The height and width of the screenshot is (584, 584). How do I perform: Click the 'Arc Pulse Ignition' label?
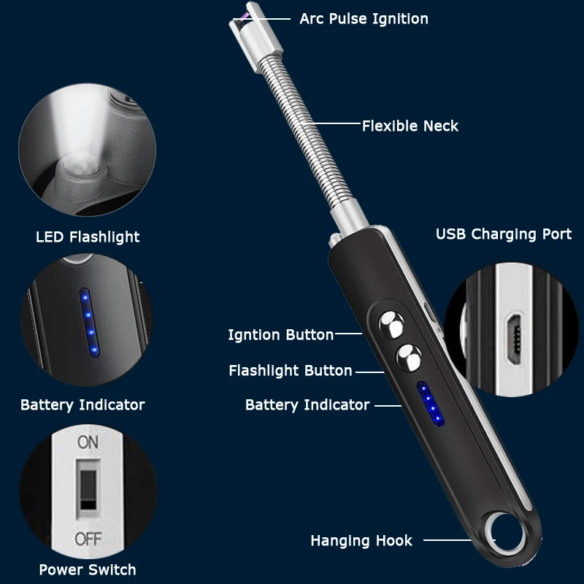coord(364,18)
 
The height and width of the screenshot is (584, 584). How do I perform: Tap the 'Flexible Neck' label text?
coord(410,126)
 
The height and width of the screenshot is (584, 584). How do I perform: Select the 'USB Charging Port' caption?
coord(504,234)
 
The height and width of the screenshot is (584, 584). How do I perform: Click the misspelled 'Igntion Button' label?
coord(280,335)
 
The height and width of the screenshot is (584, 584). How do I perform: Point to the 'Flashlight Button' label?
coord(291,371)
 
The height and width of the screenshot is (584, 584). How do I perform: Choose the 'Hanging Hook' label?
coord(361,541)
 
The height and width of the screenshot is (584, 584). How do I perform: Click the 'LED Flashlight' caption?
coord(88,237)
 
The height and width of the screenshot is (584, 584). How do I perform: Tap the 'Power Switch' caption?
coord(88,569)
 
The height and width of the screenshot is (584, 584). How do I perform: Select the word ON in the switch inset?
coord(88,442)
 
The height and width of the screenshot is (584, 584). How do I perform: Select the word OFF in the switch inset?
coord(88,539)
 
